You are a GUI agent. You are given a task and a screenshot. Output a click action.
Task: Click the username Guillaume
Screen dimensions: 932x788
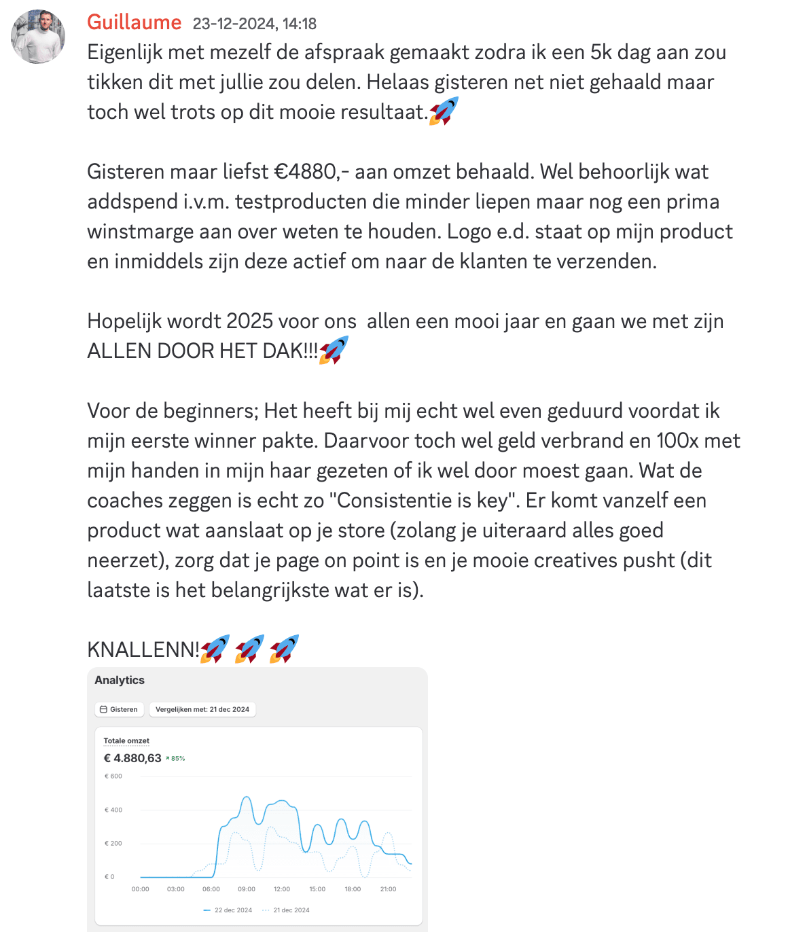coord(134,22)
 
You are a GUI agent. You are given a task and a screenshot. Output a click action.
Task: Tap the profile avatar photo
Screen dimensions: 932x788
coord(38,37)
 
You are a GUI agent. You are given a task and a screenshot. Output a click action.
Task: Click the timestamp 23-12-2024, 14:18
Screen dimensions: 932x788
coord(255,24)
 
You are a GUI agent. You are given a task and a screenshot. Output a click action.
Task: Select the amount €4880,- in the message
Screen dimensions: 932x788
coord(310,172)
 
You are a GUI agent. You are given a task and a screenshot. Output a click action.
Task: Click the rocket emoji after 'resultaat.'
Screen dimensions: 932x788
coord(444,111)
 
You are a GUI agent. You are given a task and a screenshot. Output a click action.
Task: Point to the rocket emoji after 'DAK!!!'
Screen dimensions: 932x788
coord(334,351)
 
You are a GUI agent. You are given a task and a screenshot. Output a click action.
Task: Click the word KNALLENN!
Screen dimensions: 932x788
coord(143,650)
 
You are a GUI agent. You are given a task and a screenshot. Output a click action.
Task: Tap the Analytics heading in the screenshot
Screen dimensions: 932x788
coord(120,680)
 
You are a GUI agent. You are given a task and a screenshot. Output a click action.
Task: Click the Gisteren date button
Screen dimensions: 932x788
coord(119,709)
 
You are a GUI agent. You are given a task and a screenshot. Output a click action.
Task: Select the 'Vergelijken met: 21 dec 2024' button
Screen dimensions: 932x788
coord(202,709)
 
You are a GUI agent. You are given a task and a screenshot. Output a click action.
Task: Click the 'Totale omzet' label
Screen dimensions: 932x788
coord(126,740)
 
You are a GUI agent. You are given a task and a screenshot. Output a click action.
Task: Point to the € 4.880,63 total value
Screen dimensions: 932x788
coord(132,758)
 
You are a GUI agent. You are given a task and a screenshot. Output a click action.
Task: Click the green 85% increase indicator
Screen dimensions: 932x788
coord(176,758)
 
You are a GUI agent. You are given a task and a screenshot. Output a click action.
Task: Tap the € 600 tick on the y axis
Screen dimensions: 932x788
coord(113,776)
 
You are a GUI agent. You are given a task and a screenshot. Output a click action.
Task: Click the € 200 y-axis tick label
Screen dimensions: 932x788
coord(113,843)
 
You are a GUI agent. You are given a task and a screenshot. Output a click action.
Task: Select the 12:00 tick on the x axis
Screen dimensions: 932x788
coord(282,889)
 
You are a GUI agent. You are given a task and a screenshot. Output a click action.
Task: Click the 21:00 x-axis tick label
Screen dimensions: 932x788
coord(388,889)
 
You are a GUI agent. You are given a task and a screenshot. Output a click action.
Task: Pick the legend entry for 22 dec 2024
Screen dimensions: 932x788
coord(228,910)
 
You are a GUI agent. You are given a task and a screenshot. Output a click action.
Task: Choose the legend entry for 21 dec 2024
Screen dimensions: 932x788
coord(287,910)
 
